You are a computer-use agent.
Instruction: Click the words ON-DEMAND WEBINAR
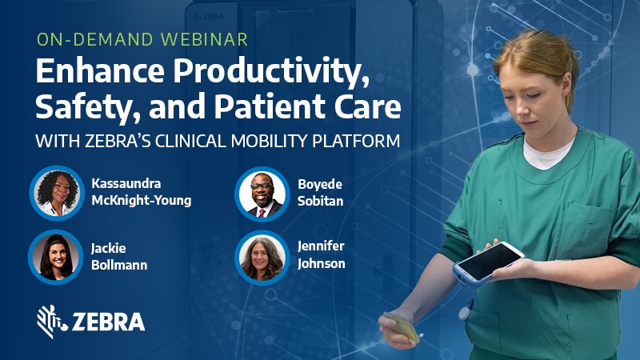(142, 38)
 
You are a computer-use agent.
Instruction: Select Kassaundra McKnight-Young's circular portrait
(56, 192)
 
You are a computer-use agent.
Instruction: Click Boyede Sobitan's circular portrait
(262, 192)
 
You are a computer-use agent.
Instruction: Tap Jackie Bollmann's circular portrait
(56, 257)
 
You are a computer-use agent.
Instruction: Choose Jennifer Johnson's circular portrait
(262, 257)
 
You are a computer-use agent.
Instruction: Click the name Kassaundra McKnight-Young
(141, 193)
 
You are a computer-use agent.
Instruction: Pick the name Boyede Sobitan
(320, 193)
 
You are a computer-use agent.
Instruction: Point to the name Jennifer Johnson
(322, 257)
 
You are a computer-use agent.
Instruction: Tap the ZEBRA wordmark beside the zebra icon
(109, 322)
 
